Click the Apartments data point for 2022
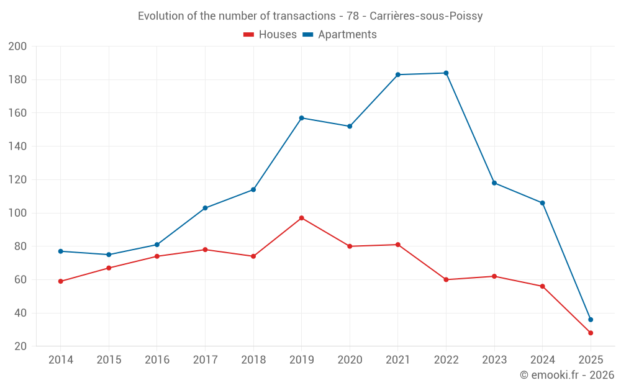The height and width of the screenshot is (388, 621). coord(446,73)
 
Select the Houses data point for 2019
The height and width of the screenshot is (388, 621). coord(301,218)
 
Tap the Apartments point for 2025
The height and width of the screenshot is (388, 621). coord(591,320)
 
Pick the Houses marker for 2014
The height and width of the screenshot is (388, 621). coord(61,281)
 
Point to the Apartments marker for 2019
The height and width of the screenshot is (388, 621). coord(301,118)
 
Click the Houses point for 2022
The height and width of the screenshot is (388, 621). coord(446,279)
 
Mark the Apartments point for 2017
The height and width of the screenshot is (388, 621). coord(205,208)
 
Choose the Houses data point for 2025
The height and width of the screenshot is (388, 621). coord(591,333)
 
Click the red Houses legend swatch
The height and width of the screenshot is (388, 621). coord(248,35)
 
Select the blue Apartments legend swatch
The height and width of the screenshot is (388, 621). coord(307,35)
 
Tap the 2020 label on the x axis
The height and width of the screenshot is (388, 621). coord(350,360)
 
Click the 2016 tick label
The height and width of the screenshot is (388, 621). coord(157,360)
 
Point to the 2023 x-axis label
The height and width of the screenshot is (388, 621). coord(494,360)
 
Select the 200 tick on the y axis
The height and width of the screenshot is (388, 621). coord(17,47)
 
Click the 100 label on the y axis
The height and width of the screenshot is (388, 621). coord(17,213)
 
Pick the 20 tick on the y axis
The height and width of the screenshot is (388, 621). coord(20,346)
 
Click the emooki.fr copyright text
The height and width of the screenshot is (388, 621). coord(566,375)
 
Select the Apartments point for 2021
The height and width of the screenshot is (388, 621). coord(398,74)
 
